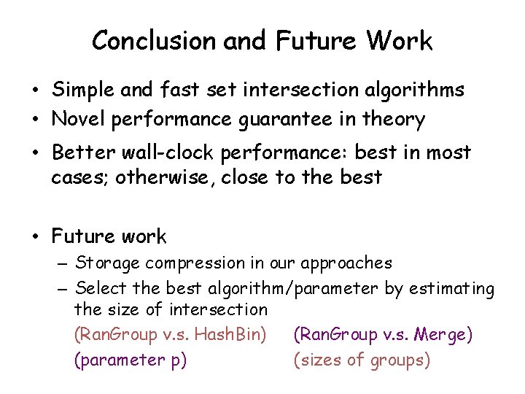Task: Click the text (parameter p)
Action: [130, 360]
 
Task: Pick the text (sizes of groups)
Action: [362, 360]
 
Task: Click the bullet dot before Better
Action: [35, 153]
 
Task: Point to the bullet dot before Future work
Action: [35, 237]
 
